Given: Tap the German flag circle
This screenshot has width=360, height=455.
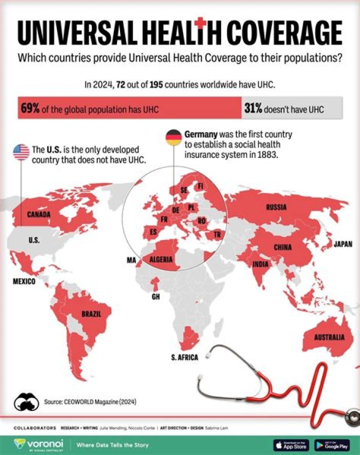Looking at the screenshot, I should tap(173, 137).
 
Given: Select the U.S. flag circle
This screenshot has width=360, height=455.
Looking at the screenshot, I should tap(21, 151).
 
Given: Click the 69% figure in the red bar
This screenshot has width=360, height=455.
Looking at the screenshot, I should tap(30, 108).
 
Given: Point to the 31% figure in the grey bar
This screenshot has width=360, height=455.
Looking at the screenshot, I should tap(253, 108).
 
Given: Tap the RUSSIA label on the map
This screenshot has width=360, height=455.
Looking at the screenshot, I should tap(276, 207).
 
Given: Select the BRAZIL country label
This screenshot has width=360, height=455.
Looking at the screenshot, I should tap(91, 314).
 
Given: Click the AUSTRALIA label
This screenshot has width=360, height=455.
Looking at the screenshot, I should tap(329, 337).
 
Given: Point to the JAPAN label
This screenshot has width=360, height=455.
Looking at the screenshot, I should tap(343, 244).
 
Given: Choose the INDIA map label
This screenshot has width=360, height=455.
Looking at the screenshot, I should tap(260, 264).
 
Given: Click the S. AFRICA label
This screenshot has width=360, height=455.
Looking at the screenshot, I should tap(184, 357).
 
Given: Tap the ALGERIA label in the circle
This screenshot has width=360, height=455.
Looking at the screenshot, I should tap(161, 259).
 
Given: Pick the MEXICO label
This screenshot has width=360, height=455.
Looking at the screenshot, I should tap(24, 282).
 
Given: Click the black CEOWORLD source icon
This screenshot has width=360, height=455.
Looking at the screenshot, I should tap(26, 400).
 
